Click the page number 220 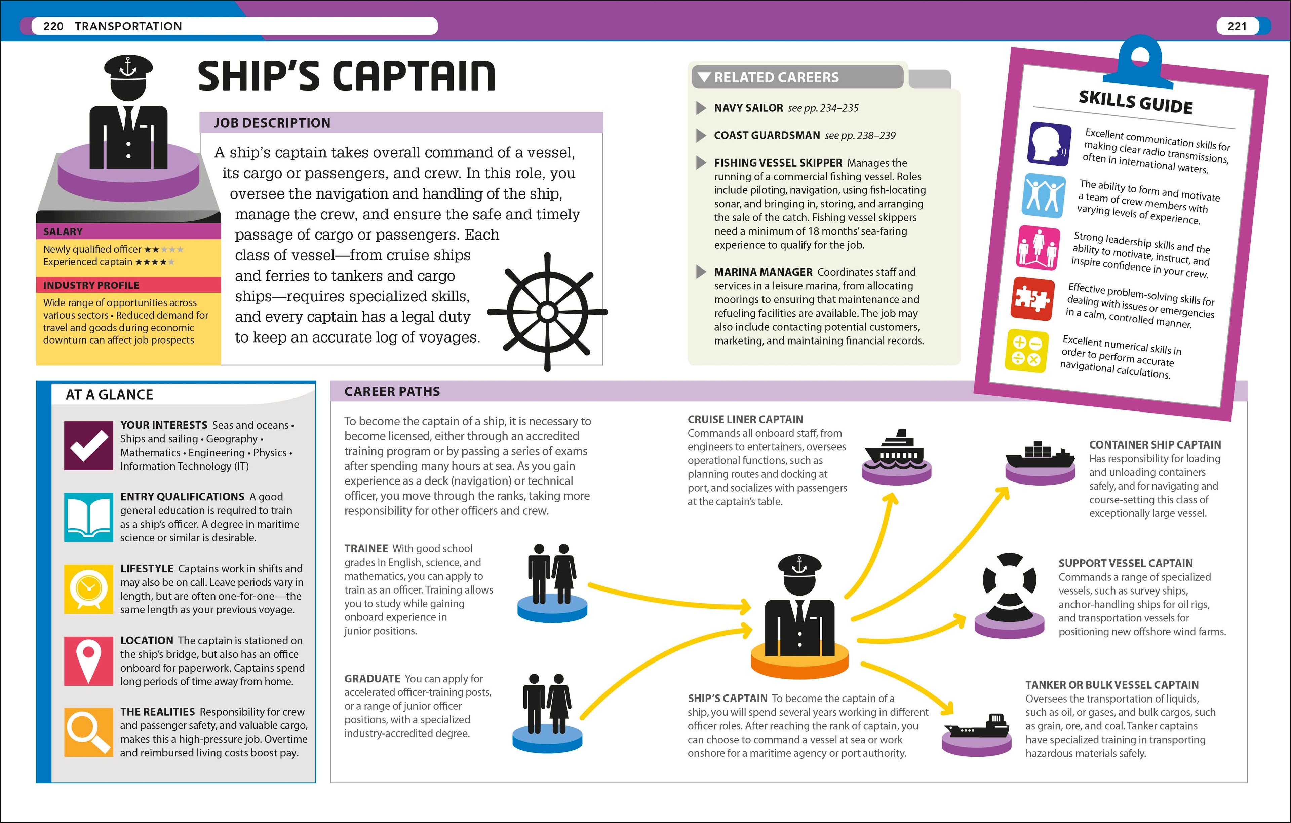coord(53,26)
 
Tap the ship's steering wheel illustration coord(547,312)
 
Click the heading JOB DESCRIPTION coord(272,123)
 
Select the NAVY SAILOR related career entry coord(748,108)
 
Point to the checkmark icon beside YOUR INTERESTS coord(88,445)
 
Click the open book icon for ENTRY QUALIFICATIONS coord(88,517)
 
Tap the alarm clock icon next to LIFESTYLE coord(88,588)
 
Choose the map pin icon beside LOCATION coord(88,660)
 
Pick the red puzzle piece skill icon coord(1032,298)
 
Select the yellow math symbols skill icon coord(1026,350)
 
